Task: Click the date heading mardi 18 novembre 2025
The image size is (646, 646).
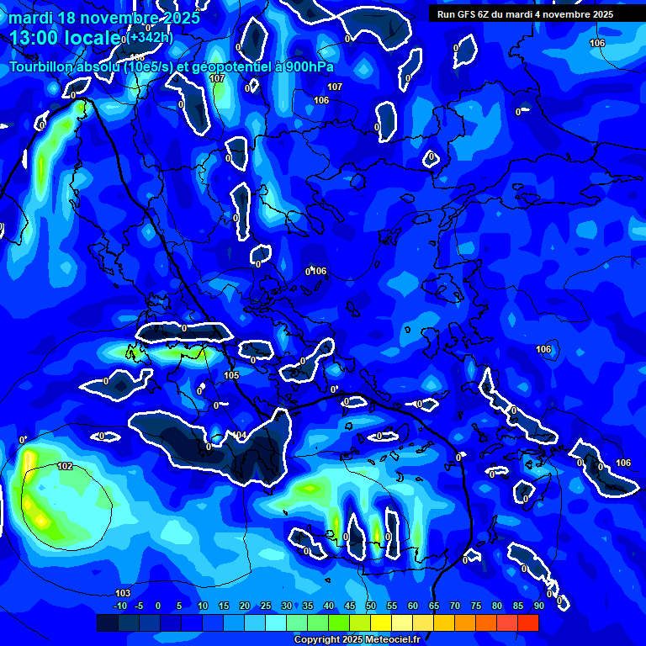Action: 104,18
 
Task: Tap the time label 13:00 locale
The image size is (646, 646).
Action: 65,38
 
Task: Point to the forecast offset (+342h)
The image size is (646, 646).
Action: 151,38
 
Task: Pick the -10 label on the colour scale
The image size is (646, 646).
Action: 119,606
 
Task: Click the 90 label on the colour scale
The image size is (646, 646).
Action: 538,606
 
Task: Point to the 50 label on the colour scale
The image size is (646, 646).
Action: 371,606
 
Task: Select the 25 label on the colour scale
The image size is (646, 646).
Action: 266,606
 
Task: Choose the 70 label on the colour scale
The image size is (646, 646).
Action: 455,606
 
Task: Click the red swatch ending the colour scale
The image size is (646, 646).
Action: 527,622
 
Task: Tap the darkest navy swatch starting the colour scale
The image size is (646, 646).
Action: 107,622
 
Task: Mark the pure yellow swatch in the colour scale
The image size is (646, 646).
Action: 380,622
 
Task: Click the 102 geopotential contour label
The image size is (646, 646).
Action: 65,466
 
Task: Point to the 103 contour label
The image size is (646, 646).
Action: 123,593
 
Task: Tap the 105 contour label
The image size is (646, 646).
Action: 232,375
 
